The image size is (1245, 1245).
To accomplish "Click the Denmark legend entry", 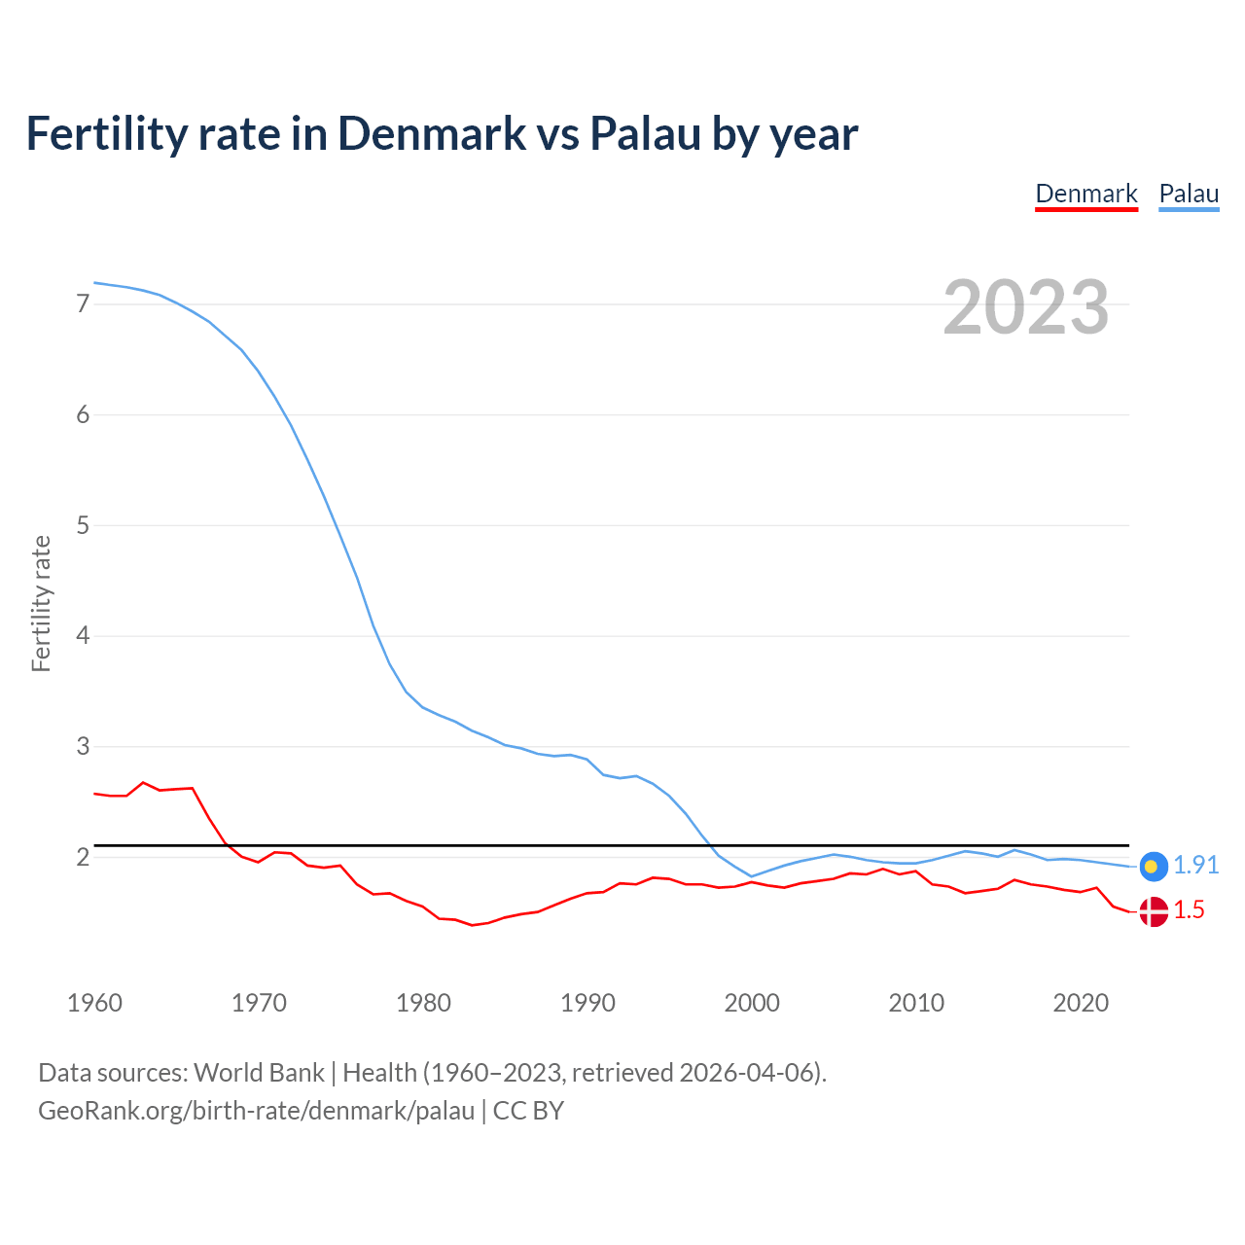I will pyautogui.click(x=1085, y=194).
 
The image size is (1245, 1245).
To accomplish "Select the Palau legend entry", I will pyautogui.click(x=1189, y=194).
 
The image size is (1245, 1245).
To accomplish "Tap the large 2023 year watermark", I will pyautogui.click(x=1025, y=307).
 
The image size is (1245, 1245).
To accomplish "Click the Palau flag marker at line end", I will pyautogui.click(x=1153, y=866).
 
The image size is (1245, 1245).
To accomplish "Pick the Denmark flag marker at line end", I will pyautogui.click(x=1153, y=911).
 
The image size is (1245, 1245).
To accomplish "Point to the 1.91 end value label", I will pyautogui.click(x=1195, y=865).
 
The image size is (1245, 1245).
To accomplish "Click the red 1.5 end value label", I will pyautogui.click(x=1189, y=910).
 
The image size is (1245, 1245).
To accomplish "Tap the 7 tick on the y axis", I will pyautogui.click(x=83, y=304).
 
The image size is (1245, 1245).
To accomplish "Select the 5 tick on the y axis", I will pyautogui.click(x=83, y=526).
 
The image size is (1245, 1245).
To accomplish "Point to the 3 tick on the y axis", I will pyautogui.click(x=83, y=747).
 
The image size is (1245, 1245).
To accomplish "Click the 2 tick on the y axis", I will pyautogui.click(x=83, y=858).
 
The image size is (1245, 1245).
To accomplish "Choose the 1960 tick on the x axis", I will pyautogui.click(x=94, y=1003).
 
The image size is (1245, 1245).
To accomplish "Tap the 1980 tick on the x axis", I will pyautogui.click(x=423, y=1003).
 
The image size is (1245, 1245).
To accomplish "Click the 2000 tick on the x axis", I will pyautogui.click(x=752, y=1003).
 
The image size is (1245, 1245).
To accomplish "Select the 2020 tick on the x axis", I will pyautogui.click(x=1081, y=1003).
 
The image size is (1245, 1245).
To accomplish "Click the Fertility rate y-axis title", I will pyautogui.click(x=41, y=603).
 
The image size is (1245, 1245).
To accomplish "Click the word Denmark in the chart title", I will pyautogui.click(x=432, y=133).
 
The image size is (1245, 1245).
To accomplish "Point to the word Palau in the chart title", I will pyautogui.click(x=645, y=133).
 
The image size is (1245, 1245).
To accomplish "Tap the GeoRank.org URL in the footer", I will pyautogui.click(x=256, y=1111).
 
